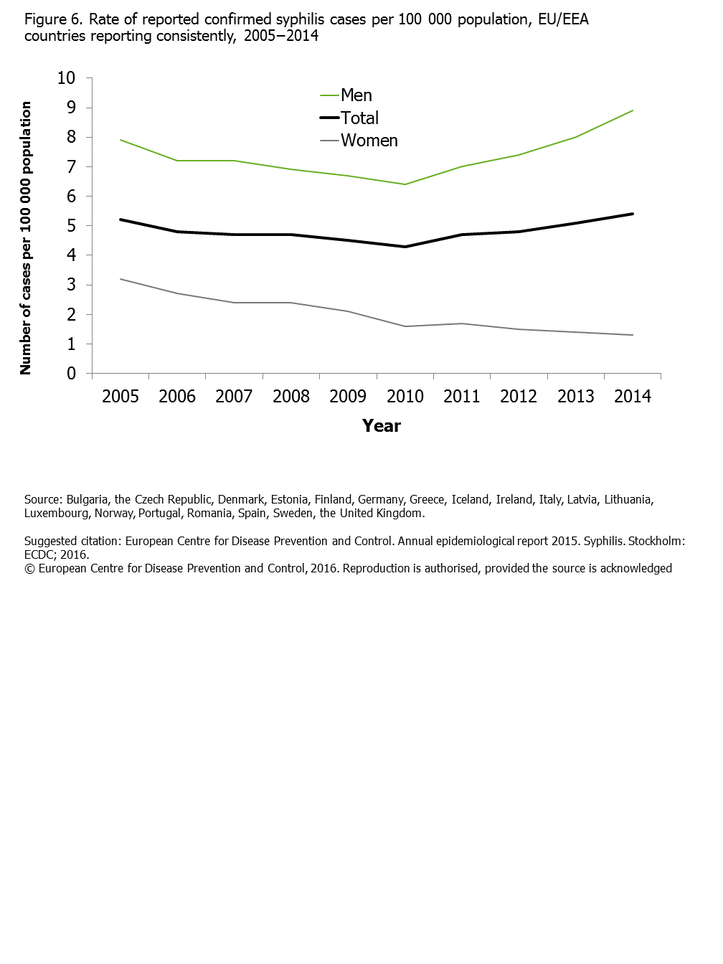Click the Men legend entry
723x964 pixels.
point(356,95)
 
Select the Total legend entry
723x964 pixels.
point(359,118)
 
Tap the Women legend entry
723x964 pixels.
point(369,141)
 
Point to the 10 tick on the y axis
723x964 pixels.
point(66,78)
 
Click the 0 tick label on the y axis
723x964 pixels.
point(71,374)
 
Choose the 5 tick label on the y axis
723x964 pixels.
point(71,226)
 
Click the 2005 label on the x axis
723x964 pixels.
point(120,397)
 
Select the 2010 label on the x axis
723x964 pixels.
point(405,397)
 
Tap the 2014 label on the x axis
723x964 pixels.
point(633,397)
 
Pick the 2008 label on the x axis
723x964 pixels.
point(291,397)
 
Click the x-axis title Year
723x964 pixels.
point(382,426)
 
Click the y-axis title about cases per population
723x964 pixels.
point(26,237)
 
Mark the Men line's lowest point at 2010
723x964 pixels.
point(405,184)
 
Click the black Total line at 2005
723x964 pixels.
point(120,219)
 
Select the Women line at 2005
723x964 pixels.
point(120,279)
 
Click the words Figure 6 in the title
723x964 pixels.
point(53,19)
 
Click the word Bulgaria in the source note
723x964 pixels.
point(87,500)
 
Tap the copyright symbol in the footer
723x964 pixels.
point(29,569)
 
